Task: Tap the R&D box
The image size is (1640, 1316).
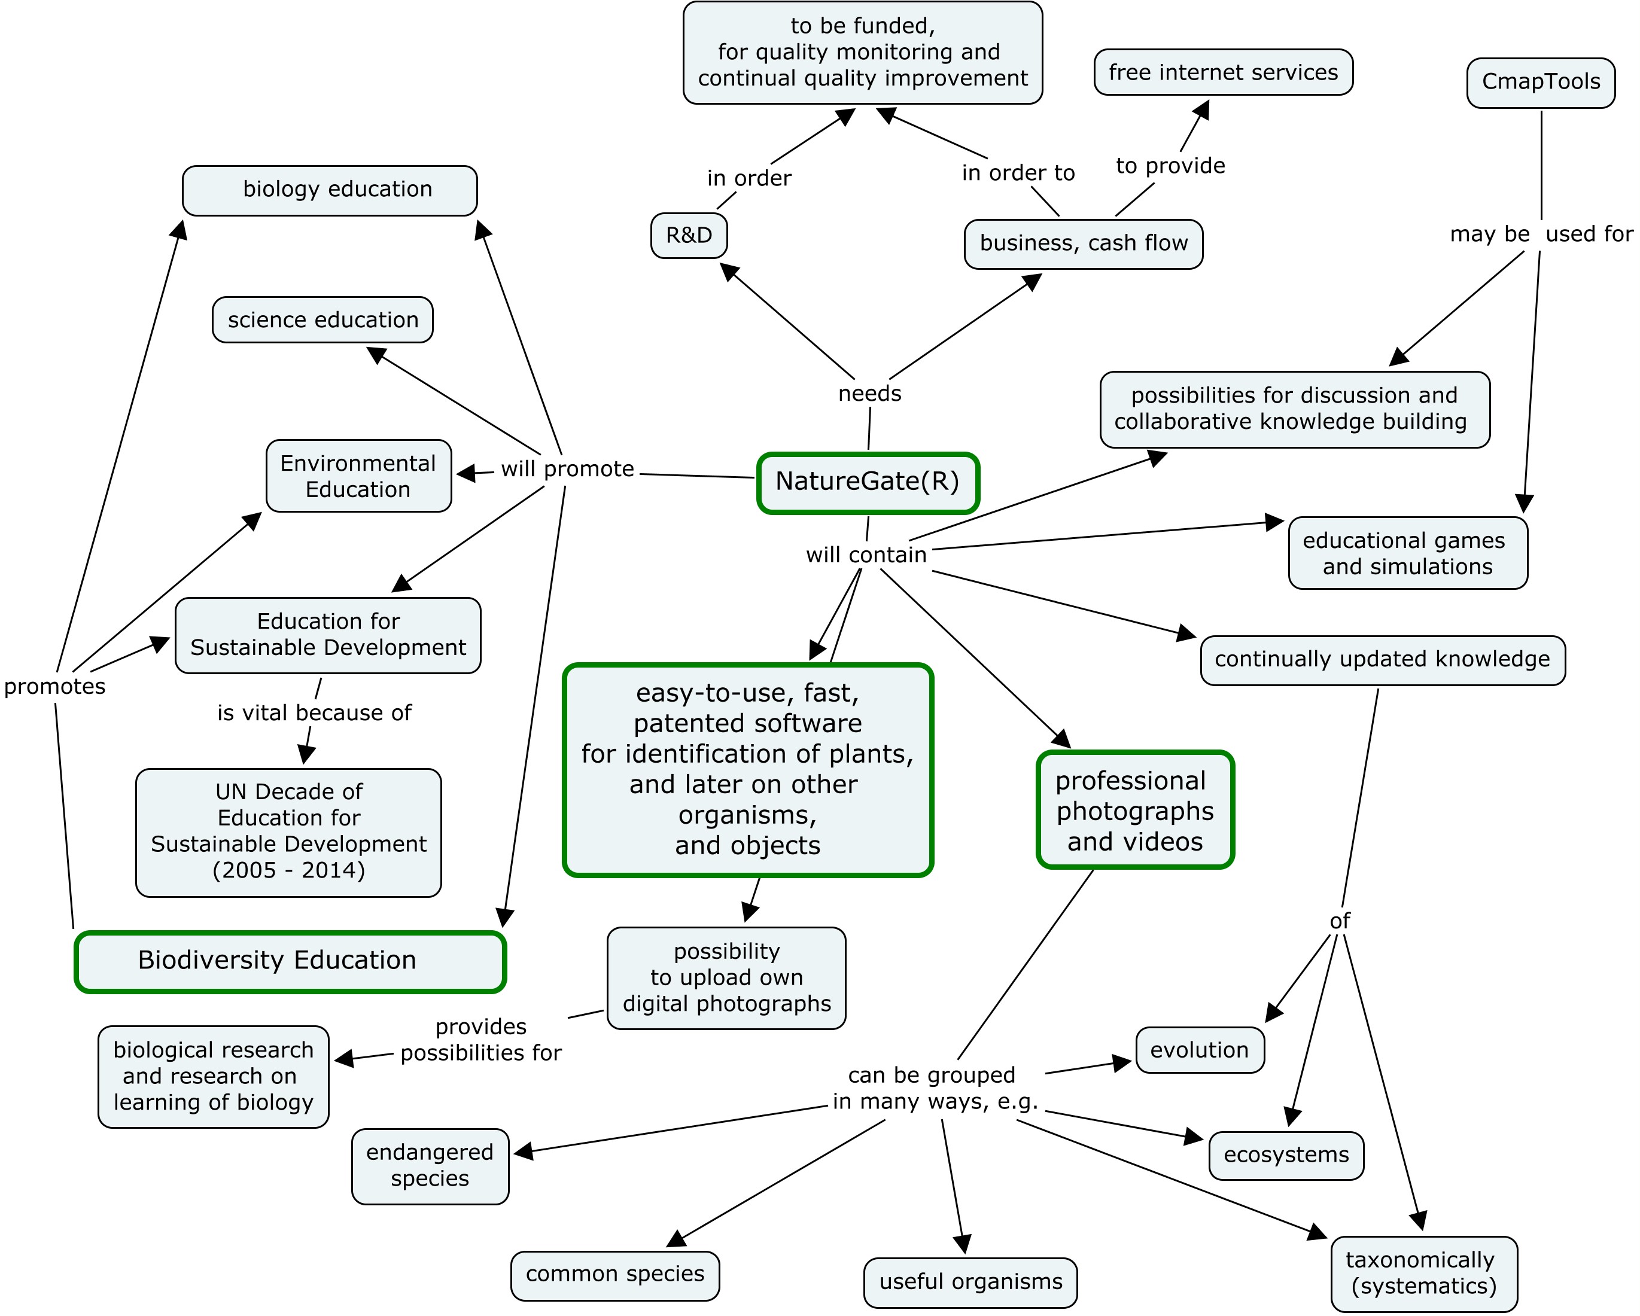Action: pyautogui.click(x=689, y=236)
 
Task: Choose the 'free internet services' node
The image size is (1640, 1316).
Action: pyautogui.click(x=1223, y=72)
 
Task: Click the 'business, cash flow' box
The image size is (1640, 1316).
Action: pyautogui.click(x=1083, y=244)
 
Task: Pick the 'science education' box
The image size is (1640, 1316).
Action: pyautogui.click(x=322, y=319)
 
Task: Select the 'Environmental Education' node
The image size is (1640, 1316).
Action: pyautogui.click(x=358, y=476)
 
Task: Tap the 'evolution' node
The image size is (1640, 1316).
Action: pyautogui.click(x=1200, y=1050)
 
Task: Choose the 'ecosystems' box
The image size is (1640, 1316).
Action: pyautogui.click(x=1286, y=1156)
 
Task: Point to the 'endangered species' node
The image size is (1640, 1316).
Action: pyautogui.click(x=430, y=1166)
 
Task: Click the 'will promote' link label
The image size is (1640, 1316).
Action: pyautogui.click(x=567, y=470)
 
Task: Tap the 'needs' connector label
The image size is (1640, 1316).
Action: pyautogui.click(x=869, y=394)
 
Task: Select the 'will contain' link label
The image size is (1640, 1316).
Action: pyautogui.click(x=866, y=555)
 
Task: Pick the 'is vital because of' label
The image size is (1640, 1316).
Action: pyautogui.click(x=314, y=714)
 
